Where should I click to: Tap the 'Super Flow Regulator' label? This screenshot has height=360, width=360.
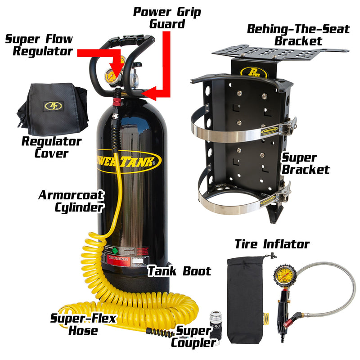click(x=39, y=45)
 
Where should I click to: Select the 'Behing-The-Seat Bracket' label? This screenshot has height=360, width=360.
click(x=298, y=35)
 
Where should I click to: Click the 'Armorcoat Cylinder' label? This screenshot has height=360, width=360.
click(x=71, y=201)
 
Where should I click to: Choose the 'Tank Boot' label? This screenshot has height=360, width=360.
click(x=179, y=271)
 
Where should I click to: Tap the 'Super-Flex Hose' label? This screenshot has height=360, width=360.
click(x=83, y=324)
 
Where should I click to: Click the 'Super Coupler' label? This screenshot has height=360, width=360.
click(x=193, y=337)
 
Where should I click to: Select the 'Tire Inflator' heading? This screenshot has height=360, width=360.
click(x=272, y=244)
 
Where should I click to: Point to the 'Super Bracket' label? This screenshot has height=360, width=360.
click(x=305, y=164)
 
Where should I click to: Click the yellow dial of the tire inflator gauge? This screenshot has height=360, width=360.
click(x=283, y=275)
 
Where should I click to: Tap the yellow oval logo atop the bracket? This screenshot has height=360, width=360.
click(x=248, y=72)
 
